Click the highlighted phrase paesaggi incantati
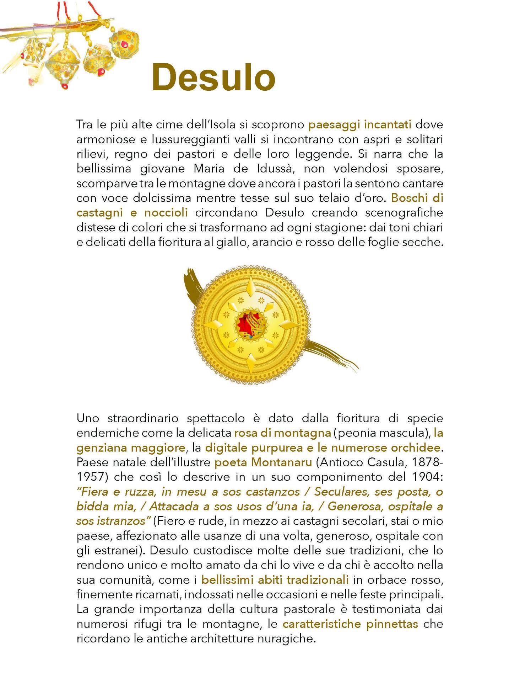click(x=360, y=125)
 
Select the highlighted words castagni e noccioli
click(x=132, y=213)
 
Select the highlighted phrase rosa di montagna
click(x=283, y=433)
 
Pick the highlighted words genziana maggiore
click(x=131, y=447)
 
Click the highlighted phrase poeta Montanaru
click(x=263, y=462)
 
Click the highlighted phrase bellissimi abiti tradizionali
click(x=275, y=580)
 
